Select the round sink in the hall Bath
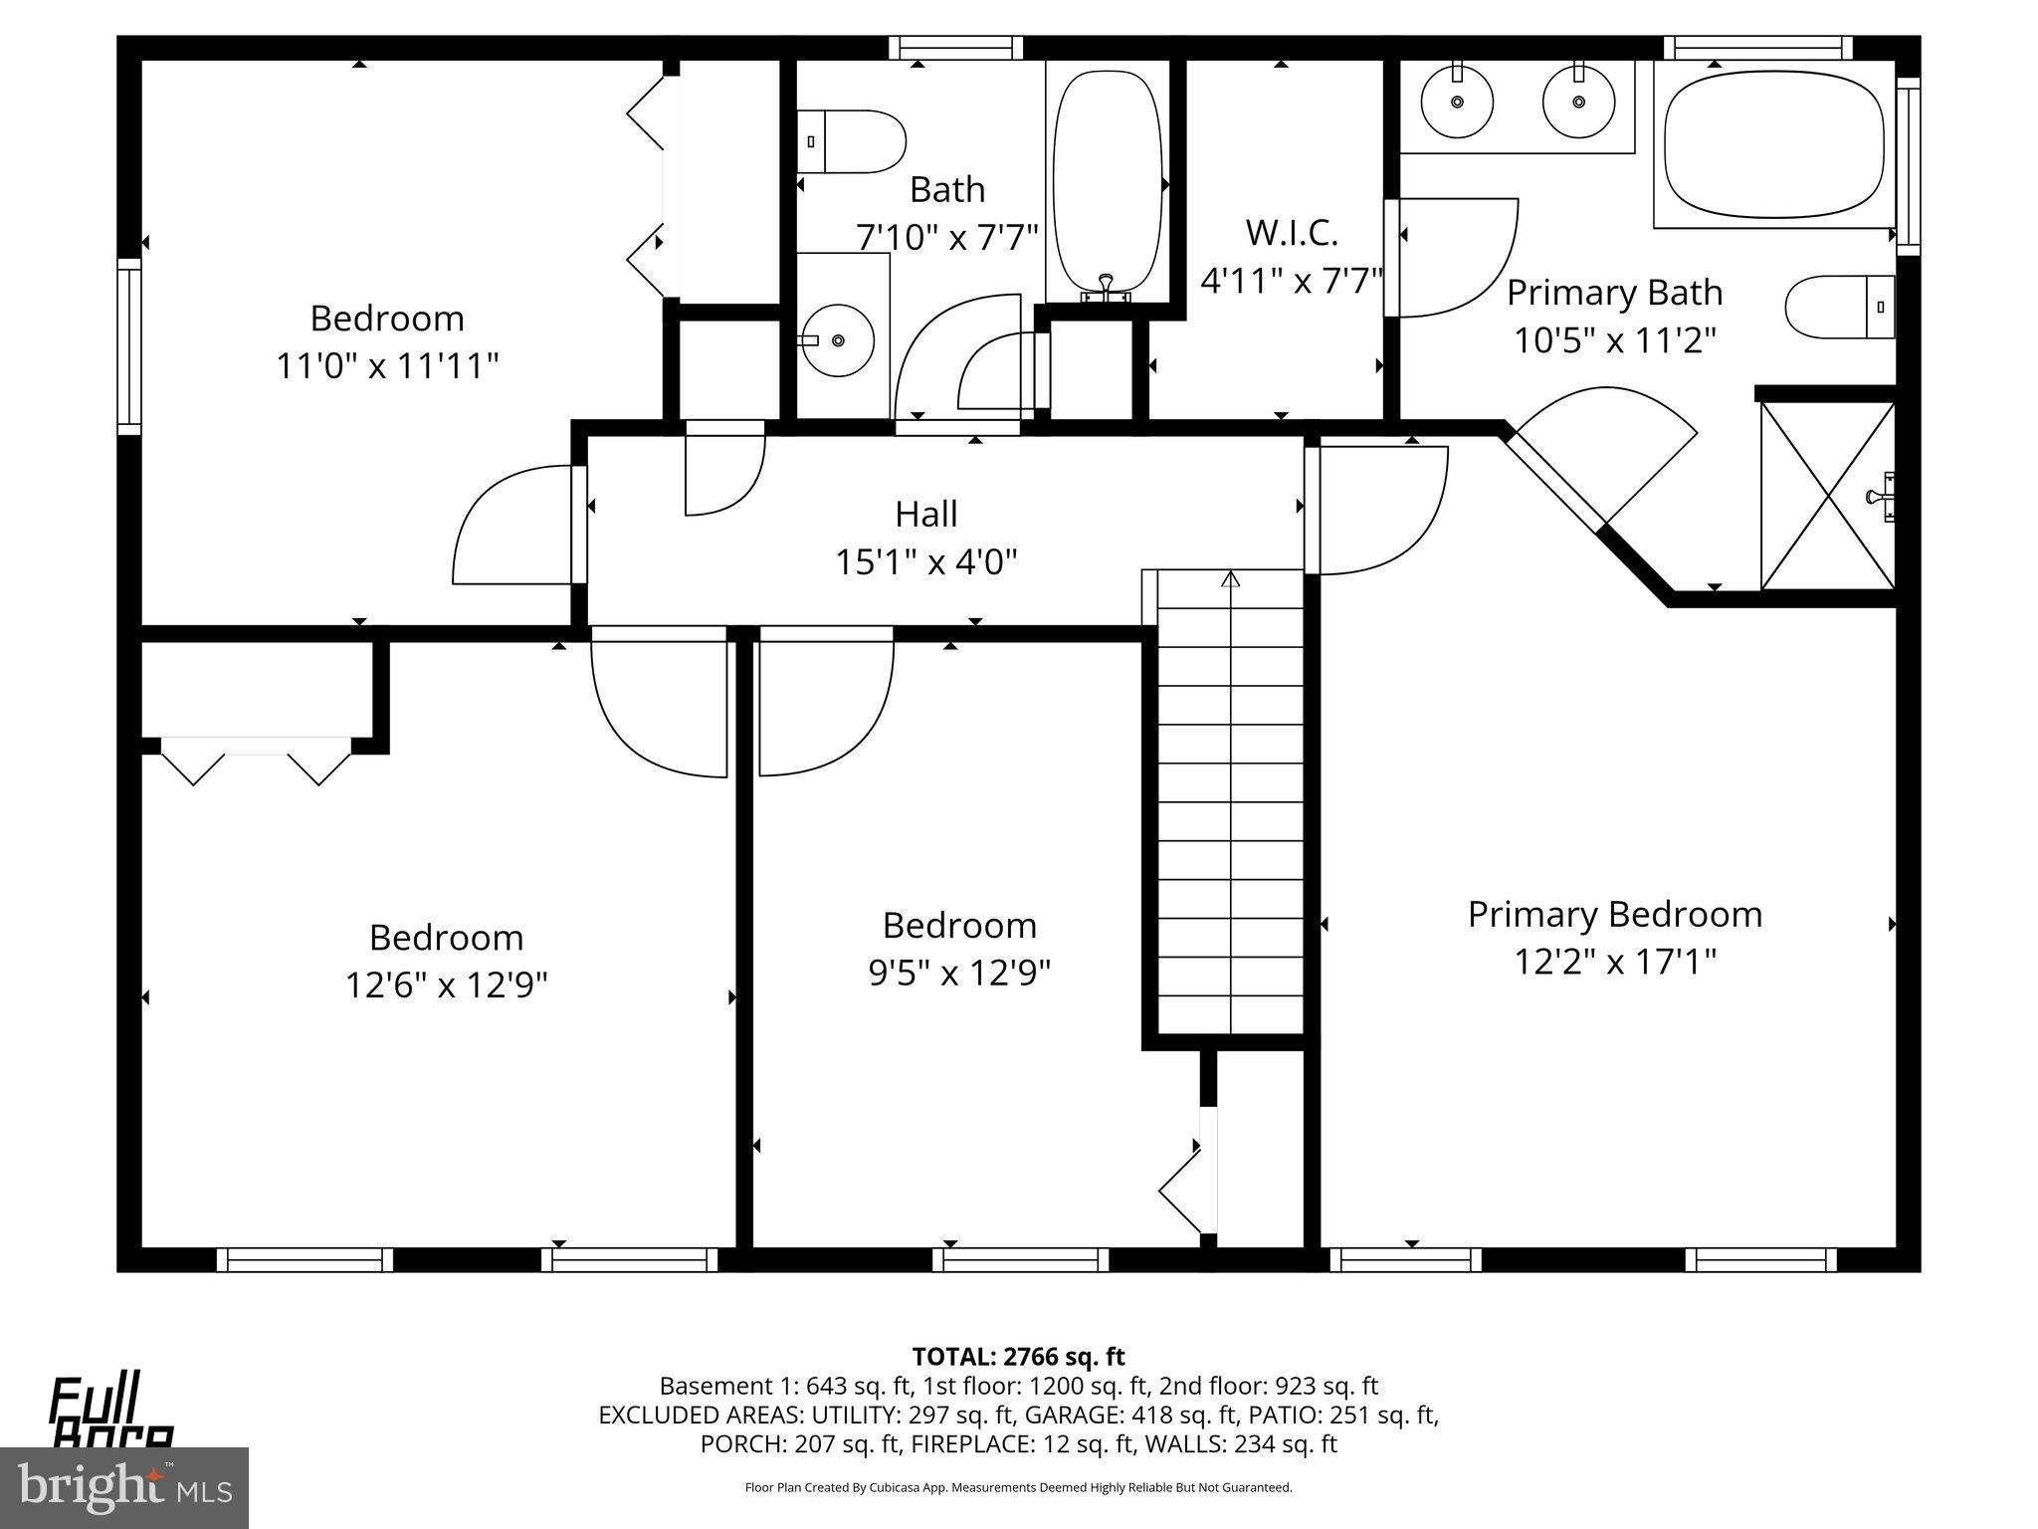(x=837, y=340)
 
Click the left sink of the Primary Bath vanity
(x=1457, y=102)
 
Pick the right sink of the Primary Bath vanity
(x=1578, y=102)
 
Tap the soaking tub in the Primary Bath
(x=1774, y=143)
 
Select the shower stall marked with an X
(x=1827, y=496)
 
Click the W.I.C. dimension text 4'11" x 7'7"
(x=1292, y=281)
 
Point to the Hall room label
(x=925, y=515)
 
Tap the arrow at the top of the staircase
(x=1231, y=578)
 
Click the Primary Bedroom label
(x=1614, y=914)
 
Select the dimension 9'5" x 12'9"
(x=959, y=973)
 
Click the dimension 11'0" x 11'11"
(x=386, y=365)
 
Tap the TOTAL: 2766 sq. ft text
(x=1018, y=1356)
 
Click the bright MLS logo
(x=124, y=1487)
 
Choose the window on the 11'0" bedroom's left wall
(x=129, y=346)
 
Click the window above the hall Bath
(x=955, y=47)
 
